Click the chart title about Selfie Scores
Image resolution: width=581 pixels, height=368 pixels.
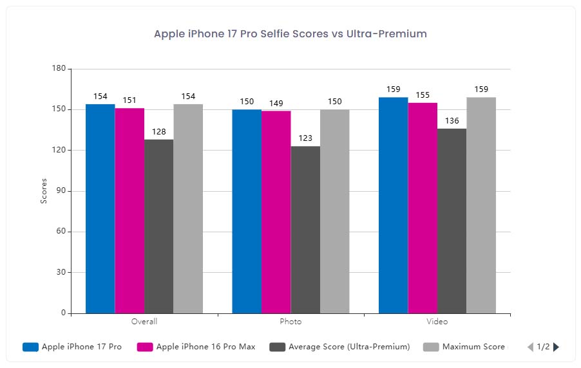click(290, 33)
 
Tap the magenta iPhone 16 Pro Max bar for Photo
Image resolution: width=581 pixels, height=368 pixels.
click(276, 212)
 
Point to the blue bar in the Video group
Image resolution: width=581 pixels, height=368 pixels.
click(393, 205)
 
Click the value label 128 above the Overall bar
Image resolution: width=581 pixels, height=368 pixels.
click(158, 132)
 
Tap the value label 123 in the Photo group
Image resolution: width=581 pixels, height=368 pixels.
click(305, 138)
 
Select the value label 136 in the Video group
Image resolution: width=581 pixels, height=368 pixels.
click(452, 121)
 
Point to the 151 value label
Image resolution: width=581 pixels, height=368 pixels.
click(129, 100)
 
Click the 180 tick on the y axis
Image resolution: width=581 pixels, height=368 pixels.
click(59, 69)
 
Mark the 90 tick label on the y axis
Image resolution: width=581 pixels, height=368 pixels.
click(61, 191)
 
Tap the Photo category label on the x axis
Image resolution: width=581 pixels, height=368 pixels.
click(290, 322)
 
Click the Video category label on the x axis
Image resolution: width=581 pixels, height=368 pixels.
click(437, 322)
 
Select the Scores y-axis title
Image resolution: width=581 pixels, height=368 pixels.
click(44, 191)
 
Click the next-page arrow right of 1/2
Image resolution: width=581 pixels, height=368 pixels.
click(557, 347)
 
